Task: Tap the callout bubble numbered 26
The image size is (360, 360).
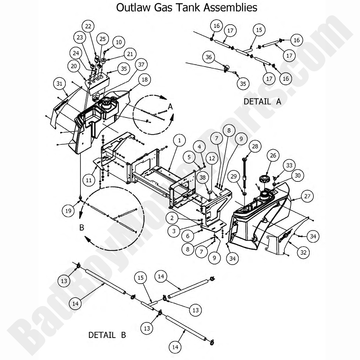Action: click(x=273, y=156)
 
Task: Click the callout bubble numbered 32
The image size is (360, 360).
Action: click(x=303, y=253)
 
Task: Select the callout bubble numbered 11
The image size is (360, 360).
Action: click(x=88, y=181)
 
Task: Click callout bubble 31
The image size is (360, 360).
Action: click(x=59, y=83)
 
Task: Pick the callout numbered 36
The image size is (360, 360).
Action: click(x=209, y=57)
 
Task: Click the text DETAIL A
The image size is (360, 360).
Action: click(x=262, y=102)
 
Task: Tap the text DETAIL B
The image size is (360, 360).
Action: click(x=107, y=335)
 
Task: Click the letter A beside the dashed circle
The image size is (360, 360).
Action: click(x=170, y=106)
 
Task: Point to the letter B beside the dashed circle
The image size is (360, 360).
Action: click(x=82, y=228)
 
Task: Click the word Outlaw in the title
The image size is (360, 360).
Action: click(x=131, y=7)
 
